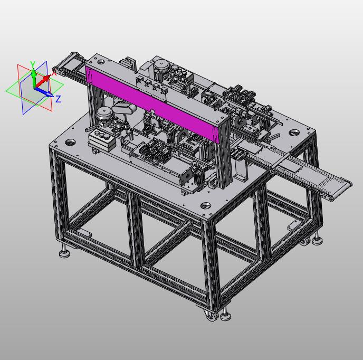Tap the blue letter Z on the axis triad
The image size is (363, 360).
pyautogui.click(x=58, y=99)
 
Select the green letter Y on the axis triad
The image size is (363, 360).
pyautogui.click(x=33, y=64)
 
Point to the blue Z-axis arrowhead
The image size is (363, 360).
pyautogui.click(x=49, y=94)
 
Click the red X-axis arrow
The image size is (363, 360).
pyautogui.click(x=43, y=81)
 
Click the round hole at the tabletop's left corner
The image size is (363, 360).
pyautogui.click(x=70, y=142)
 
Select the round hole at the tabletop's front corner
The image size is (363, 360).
pyautogui.click(x=206, y=205)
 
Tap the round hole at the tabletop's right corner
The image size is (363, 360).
pyautogui.click(x=294, y=132)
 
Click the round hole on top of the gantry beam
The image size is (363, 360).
pyautogui.click(x=101, y=62)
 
